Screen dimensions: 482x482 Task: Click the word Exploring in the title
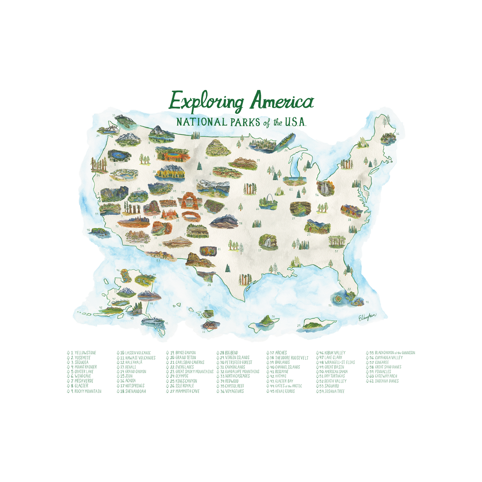click(207, 101)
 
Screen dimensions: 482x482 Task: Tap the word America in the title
click(282, 101)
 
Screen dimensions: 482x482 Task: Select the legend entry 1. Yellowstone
click(83, 353)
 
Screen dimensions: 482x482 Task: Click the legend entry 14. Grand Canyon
click(133, 372)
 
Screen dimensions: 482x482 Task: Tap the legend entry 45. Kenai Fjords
click(282, 391)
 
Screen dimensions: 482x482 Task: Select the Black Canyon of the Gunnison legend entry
click(392, 353)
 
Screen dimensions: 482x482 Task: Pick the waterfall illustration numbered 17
click(268, 242)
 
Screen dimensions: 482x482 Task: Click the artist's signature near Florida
click(367, 317)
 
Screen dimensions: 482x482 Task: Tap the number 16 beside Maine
click(397, 134)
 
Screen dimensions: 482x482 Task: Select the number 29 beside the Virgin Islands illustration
click(299, 326)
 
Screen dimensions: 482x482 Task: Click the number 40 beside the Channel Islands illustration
click(88, 230)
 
